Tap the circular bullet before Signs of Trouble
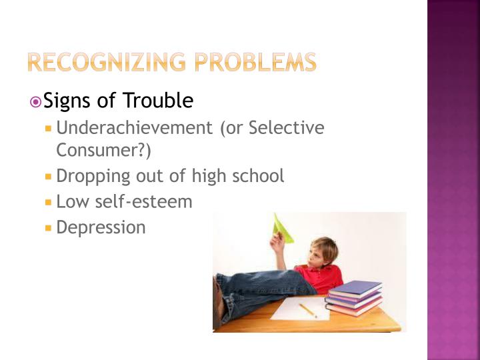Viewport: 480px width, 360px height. tap(36, 101)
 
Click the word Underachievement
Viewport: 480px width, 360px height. tap(135, 127)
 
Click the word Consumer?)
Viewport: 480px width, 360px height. tap(103, 151)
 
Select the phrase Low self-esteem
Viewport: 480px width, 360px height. tap(124, 201)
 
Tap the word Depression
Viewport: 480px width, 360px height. tap(101, 227)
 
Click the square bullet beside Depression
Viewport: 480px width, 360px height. tap(48, 228)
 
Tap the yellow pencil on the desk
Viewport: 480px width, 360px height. tap(307, 310)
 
